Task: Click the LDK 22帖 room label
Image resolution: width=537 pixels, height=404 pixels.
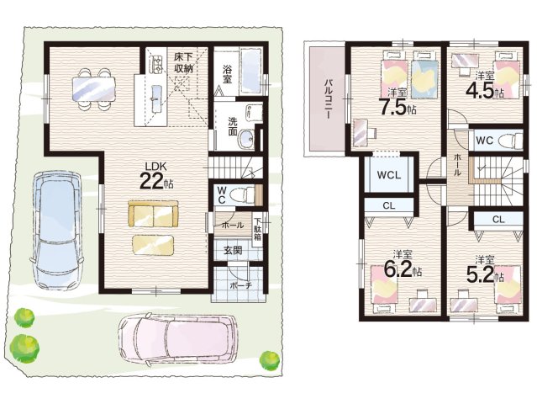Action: (155, 176)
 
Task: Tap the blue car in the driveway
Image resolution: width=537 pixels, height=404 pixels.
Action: (56, 230)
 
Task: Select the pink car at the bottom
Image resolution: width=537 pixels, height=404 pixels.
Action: (178, 340)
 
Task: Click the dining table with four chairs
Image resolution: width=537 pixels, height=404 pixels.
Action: (93, 89)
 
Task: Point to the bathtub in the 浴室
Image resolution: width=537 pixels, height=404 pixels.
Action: (252, 72)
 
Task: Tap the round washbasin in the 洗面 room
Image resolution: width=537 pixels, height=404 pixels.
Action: (246, 140)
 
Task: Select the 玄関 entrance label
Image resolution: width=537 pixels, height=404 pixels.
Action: (233, 250)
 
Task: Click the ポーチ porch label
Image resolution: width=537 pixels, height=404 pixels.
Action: (240, 285)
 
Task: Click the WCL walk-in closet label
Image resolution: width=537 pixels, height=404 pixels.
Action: (389, 175)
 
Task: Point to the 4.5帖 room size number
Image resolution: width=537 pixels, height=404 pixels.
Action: (484, 90)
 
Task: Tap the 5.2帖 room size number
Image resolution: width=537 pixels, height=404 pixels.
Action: (485, 273)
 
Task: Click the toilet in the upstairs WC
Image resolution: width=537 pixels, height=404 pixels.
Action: (509, 141)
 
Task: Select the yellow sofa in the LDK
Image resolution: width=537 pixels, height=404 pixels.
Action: (153, 213)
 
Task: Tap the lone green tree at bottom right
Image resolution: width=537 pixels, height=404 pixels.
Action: (270, 360)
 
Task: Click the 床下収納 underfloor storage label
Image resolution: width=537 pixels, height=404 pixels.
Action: (183, 62)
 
